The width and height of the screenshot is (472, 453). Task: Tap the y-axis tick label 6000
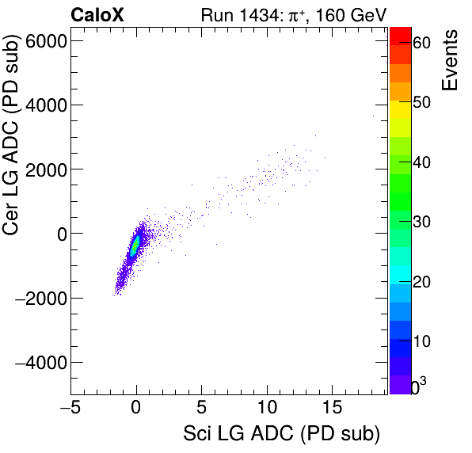(x=46, y=40)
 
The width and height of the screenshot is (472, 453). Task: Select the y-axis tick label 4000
(x=46, y=105)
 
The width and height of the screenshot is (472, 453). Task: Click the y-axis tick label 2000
(x=46, y=169)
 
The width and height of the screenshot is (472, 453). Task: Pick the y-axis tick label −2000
(x=41, y=299)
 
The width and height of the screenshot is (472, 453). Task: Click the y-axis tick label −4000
(x=41, y=363)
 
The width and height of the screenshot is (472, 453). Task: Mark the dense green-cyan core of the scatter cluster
(x=135, y=244)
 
